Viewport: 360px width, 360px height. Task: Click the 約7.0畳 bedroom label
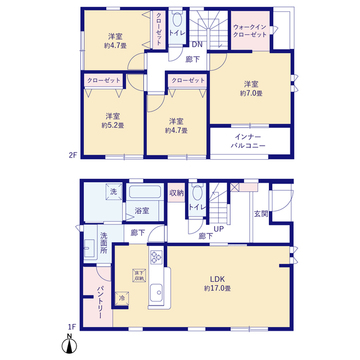coord(250,87)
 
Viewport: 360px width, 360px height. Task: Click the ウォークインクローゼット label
coord(249,30)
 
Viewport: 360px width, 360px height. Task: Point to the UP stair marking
coord(219,229)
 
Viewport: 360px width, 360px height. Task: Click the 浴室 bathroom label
coord(142,211)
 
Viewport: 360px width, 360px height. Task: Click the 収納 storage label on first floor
coord(176,192)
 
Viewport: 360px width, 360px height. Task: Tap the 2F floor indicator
coord(73,155)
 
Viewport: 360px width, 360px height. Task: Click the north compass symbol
coord(67,346)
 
